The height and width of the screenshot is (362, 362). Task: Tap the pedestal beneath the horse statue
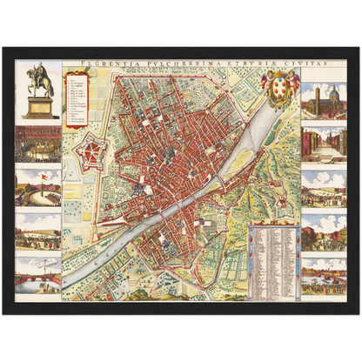37,107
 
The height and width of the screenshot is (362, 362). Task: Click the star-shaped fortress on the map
90,156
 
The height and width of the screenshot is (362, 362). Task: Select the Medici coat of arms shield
280,90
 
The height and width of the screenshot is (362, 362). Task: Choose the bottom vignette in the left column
37,270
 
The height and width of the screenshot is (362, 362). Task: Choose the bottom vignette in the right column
324,272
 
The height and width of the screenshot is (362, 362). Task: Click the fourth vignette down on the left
37,229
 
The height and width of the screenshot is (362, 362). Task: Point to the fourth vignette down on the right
324,230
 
